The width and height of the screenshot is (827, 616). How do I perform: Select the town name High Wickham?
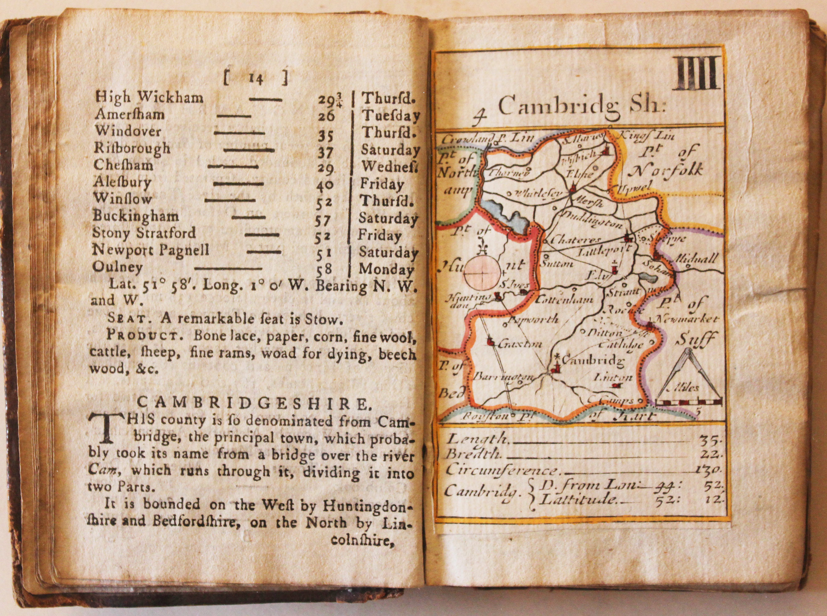149,98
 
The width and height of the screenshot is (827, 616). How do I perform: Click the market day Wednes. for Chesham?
388,166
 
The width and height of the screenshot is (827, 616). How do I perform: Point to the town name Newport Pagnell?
150,250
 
